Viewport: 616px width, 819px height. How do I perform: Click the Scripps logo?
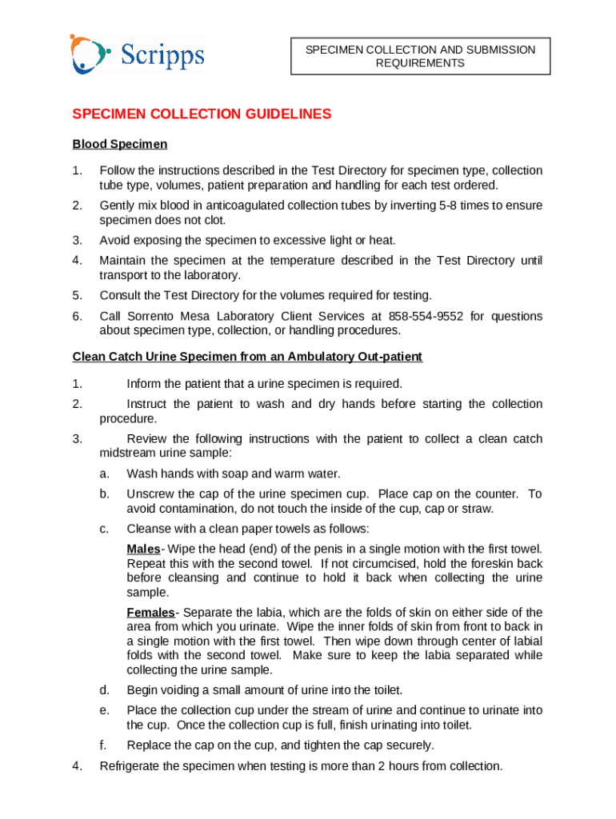click(137, 54)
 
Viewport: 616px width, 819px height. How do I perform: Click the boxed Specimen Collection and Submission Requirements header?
click(420, 56)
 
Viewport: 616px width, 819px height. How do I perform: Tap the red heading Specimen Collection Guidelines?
click(202, 114)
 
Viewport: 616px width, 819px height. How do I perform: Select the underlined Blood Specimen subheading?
click(120, 145)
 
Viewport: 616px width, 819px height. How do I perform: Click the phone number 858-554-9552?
click(426, 316)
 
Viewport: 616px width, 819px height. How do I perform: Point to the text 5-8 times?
click(454, 206)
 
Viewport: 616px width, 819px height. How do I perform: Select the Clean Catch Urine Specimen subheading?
click(247, 357)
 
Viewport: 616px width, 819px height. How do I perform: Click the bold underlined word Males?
click(144, 549)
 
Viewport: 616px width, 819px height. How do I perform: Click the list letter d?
click(104, 690)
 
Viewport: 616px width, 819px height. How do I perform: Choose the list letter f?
click(103, 745)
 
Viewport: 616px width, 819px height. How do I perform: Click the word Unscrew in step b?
click(149, 494)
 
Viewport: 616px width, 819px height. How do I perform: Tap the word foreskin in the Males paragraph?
click(480, 563)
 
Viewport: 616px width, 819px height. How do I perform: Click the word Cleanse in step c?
click(150, 529)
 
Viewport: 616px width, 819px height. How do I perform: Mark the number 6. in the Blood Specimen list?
click(77, 316)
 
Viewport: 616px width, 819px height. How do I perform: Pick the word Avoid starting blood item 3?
click(114, 240)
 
